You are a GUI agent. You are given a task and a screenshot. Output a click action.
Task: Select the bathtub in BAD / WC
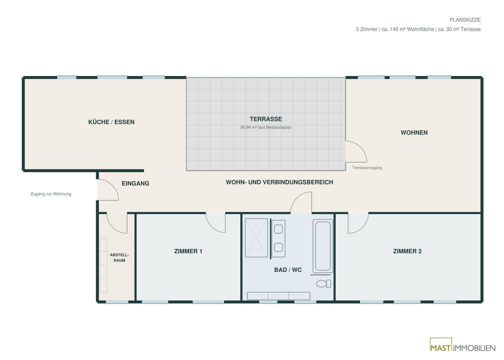(323, 246)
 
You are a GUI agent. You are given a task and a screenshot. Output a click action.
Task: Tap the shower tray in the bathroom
(256, 238)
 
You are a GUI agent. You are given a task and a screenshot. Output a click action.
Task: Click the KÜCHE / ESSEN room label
(111, 122)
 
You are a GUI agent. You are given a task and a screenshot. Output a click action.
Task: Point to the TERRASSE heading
(266, 119)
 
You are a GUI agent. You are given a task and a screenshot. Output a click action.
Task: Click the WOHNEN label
(414, 133)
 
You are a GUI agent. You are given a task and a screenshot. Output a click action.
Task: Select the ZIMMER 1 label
(188, 251)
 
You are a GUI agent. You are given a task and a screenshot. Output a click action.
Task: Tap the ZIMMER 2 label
(407, 251)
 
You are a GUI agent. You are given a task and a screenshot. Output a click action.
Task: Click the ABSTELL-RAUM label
(119, 258)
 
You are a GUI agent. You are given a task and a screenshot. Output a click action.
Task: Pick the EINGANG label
(135, 184)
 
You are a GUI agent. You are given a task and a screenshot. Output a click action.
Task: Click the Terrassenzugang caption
(367, 168)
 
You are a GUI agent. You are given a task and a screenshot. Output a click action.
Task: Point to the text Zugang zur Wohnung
(51, 194)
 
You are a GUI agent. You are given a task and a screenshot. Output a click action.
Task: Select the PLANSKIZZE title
(465, 20)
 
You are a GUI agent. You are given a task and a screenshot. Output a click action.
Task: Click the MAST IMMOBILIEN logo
(462, 347)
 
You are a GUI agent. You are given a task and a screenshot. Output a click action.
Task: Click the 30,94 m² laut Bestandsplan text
(266, 127)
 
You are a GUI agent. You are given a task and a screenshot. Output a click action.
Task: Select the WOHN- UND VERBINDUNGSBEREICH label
(279, 182)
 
